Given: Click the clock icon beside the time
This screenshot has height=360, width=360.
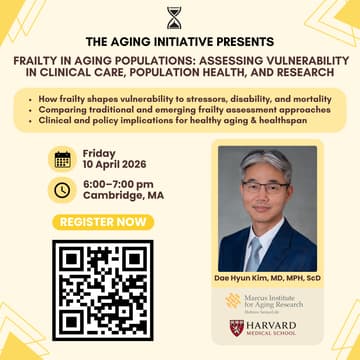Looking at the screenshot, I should tap(63, 189).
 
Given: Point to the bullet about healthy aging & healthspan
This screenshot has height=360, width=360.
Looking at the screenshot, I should tap(180, 119).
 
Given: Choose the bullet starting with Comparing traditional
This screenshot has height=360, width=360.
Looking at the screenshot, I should tap(180, 109).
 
